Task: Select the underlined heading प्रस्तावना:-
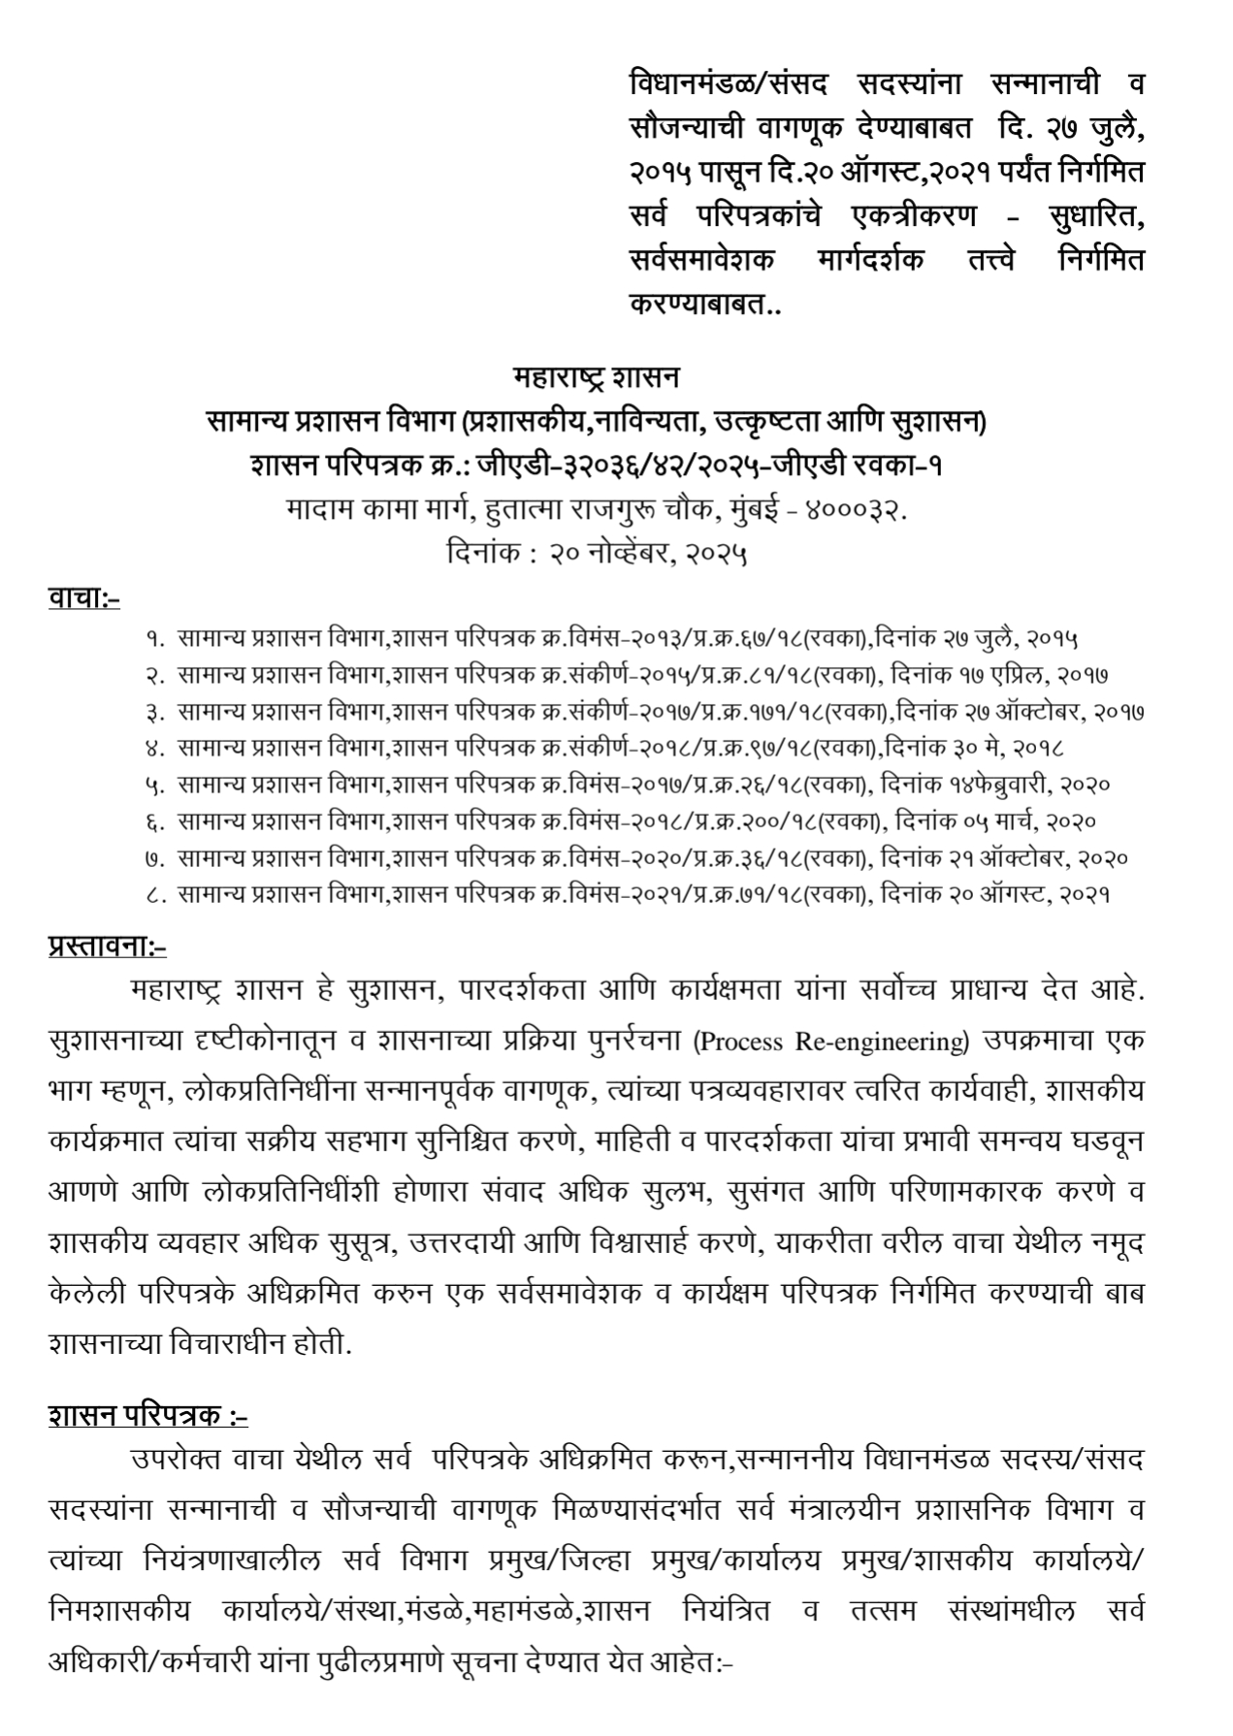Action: pos(107,944)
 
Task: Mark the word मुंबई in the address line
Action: pos(761,510)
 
